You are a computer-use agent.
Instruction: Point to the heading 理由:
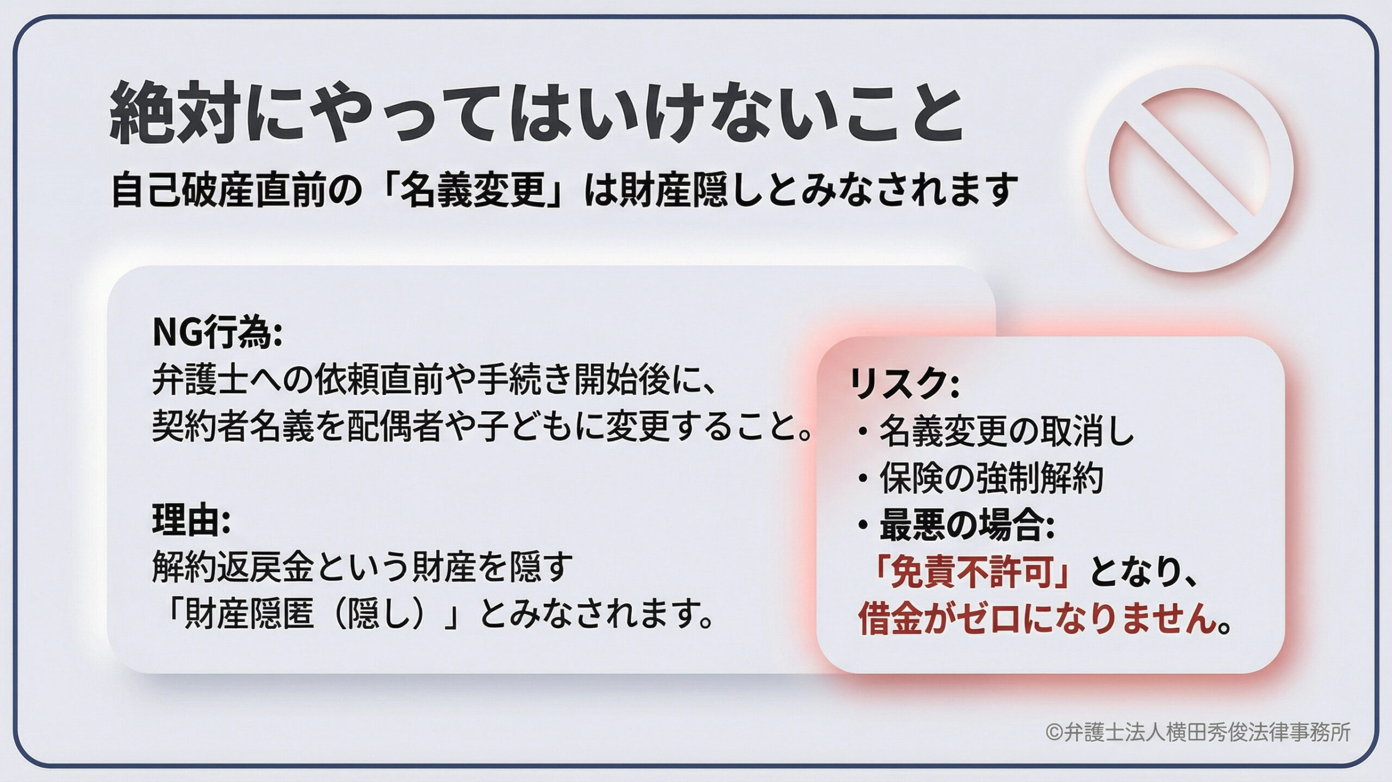coord(192,522)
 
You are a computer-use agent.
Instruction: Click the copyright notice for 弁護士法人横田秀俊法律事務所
coord(1196,732)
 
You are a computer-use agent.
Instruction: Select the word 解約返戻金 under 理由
coord(233,568)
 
